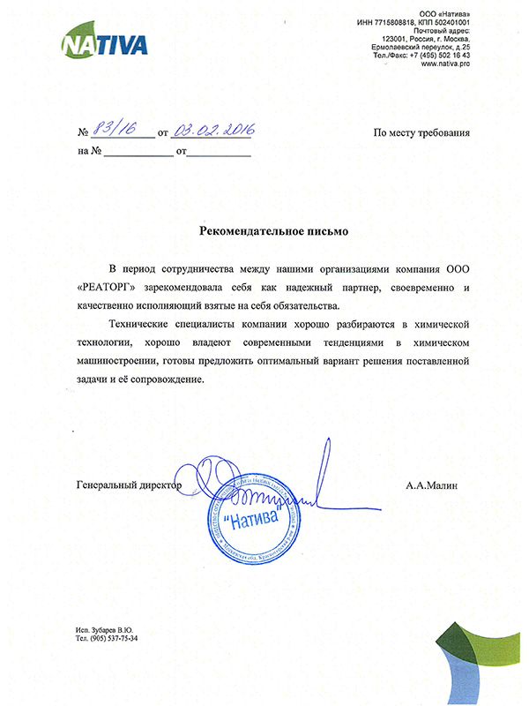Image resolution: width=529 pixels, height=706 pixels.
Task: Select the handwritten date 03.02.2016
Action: [212, 131]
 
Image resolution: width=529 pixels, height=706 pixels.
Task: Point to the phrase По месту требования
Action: [421, 133]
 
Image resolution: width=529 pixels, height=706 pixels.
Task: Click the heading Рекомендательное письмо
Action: [274, 231]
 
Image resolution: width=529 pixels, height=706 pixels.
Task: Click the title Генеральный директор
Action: [129, 485]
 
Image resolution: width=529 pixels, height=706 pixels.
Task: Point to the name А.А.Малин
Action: [433, 485]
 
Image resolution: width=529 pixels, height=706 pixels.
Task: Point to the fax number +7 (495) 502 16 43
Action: [446, 55]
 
